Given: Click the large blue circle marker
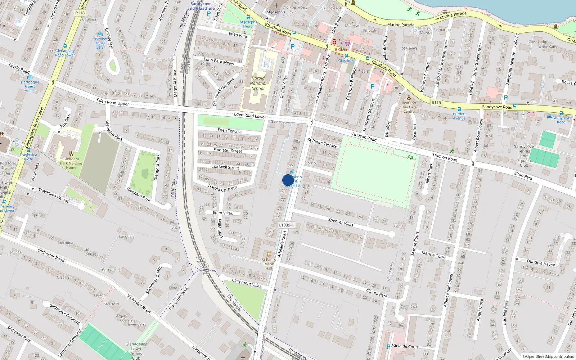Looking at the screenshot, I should tap(288, 180).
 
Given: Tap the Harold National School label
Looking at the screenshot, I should tap(258, 83).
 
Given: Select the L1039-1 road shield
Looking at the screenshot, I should tap(286, 225).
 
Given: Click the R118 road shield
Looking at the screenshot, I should tap(80, 13).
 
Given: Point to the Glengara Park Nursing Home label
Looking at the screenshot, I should tap(71, 163).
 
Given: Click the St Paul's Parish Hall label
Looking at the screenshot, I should tap(269, 264).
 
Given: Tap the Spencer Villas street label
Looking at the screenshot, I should tap(341, 222).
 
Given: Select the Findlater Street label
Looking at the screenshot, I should tap(228, 150).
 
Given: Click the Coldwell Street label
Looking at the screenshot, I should tap(225, 167).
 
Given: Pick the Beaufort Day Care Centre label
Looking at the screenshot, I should tap(409, 107).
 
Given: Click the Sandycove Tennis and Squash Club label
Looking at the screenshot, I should tap(524, 156).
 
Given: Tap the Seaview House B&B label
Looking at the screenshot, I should tap(100, 43).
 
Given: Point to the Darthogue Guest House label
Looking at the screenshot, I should tap(30, 86).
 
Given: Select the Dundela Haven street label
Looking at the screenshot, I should tap(541, 263).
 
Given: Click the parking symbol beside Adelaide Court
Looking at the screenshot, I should tap(388, 347).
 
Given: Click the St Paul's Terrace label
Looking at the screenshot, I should tap(322, 143).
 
